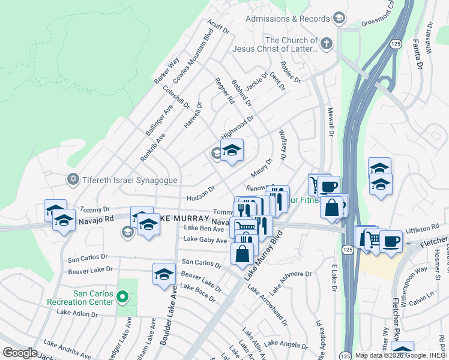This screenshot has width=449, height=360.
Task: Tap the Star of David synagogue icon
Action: [x=73, y=179]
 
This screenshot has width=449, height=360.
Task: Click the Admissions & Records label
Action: [x=288, y=19]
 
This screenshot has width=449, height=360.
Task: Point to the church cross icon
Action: [x=326, y=43]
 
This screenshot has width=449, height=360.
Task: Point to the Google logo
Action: [x=20, y=353]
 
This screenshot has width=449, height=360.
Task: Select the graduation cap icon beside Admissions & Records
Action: [x=339, y=19]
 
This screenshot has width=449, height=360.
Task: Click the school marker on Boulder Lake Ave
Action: [x=163, y=274]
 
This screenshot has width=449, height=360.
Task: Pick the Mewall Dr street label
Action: [x=330, y=122]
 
